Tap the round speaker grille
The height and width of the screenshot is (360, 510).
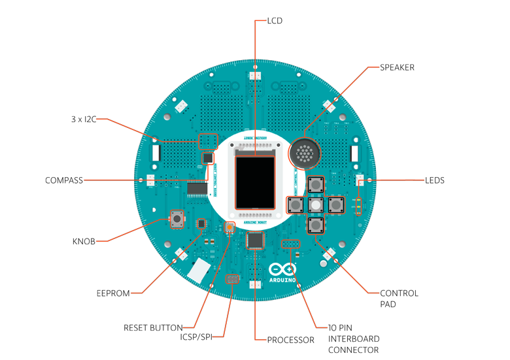pyautogui.click(x=304, y=154)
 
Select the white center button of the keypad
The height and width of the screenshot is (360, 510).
pyautogui.click(x=316, y=205)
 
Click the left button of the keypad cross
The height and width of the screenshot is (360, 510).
pyautogui.click(x=296, y=205)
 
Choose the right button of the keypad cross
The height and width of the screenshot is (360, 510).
pyautogui.click(x=335, y=205)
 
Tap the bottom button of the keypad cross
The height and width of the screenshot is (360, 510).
pyautogui.click(x=316, y=225)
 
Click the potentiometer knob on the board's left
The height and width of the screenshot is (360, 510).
pyautogui.click(x=177, y=219)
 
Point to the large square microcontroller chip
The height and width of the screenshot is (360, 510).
pyautogui.click(x=256, y=240)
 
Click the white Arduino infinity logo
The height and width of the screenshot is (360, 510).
pyautogui.click(x=282, y=269)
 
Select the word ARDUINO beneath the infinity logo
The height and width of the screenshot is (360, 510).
pyautogui.click(x=282, y=280)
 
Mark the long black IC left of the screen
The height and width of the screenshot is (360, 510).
pyautogui.click(x=197, y=189)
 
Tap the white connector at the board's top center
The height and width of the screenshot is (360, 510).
pyautogui.click(x=255, y=76)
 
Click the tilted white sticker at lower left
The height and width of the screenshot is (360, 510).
pyautogui.click(x=199, y=269)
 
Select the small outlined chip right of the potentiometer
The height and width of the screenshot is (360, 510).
pyautogui.click(x=201, y=223)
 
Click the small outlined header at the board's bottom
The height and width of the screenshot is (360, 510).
pyautogui.click(x=233, y=280)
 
